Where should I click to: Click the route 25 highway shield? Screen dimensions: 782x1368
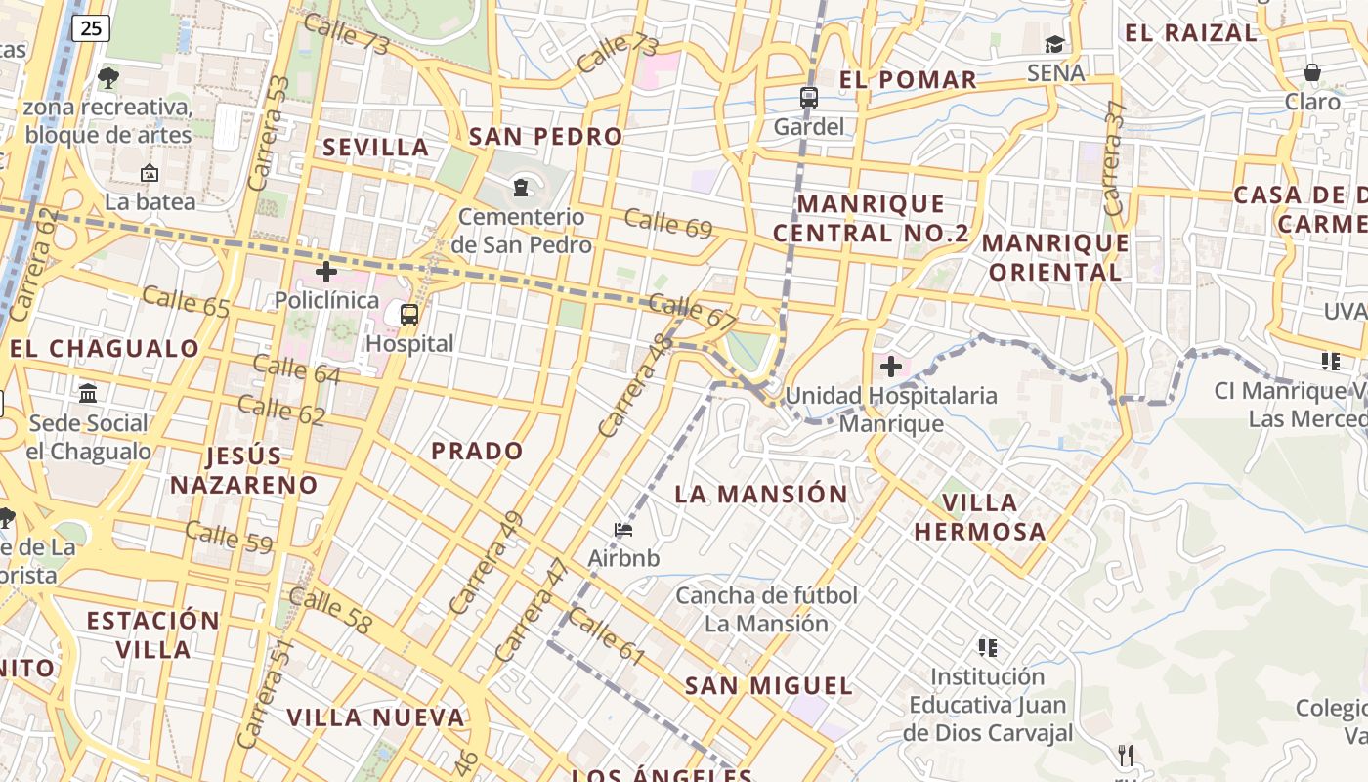pos(91,28)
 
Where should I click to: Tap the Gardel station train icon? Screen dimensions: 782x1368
pos(808,97)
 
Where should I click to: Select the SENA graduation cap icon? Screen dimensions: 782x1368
pos(1054,44)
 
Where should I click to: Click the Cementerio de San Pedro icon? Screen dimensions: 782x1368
pos(521,186)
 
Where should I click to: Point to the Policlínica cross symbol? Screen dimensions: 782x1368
pos(326,271)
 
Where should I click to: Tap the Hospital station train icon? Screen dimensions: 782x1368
pos(409,315)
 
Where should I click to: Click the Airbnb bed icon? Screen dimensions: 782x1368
pos(623,530)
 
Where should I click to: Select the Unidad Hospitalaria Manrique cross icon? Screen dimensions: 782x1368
pos(890,367)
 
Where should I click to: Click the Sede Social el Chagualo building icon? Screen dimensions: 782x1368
pos(88,393)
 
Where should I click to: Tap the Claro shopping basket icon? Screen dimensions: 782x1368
pos(1312,72)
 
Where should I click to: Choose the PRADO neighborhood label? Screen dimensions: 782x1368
pos(478,451)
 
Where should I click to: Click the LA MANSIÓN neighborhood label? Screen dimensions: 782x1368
pos(761,494)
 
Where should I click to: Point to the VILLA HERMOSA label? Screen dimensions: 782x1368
pos(980,517)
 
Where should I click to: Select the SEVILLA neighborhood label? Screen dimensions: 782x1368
pos(376,148)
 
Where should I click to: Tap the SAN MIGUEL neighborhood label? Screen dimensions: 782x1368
pos(769,685)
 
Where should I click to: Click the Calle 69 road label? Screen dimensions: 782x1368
pos(668,224)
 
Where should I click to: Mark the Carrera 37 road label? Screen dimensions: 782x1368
pos(1114,158)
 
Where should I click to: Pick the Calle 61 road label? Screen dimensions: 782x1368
pos(605,636)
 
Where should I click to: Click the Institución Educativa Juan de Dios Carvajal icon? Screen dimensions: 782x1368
pos(987,647)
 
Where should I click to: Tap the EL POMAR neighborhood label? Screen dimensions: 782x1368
pos(908,80)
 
